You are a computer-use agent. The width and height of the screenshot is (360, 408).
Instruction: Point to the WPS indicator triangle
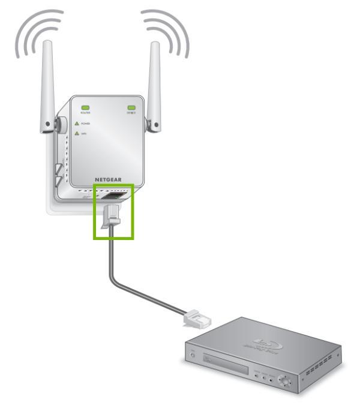point(76,134)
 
